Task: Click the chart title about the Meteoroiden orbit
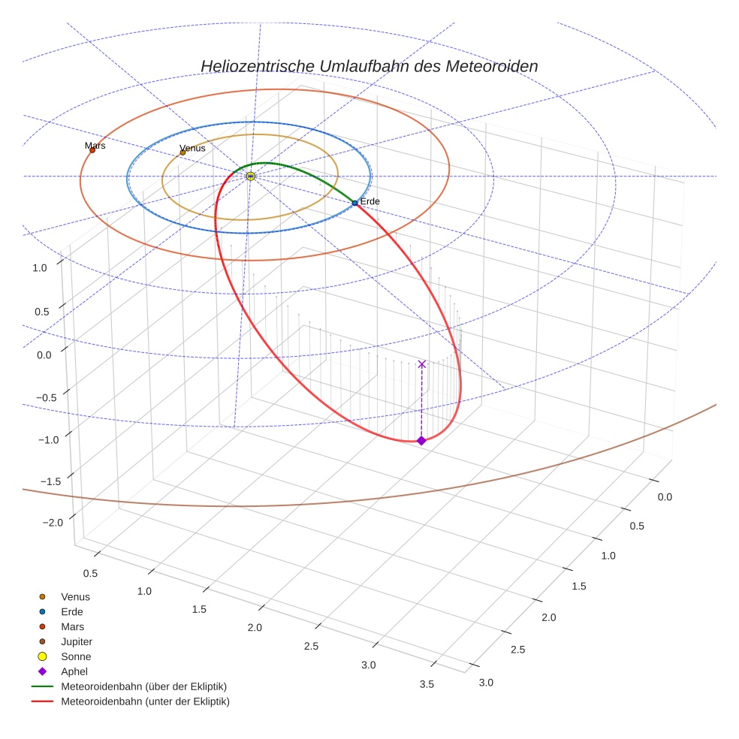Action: click(x=369, y=66)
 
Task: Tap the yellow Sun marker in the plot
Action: click(x=250, y=176)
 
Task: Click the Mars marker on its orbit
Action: click(x=92, y=150)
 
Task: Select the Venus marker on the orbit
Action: click(x=182, y=152)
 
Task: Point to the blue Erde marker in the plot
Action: click(x=354, y=203)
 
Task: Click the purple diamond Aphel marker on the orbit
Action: click(x=421, y=440)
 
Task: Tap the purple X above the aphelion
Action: click(x=421, y=363)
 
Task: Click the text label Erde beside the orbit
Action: click(x=370, y=202)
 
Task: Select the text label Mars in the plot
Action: click(x=95, y=145)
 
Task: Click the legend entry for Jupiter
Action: click(x=76, y=641)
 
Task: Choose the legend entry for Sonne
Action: click(x=76, y=656)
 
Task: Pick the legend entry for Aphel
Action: click(x=74, y=671)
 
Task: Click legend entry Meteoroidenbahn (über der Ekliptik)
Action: click(x=143, y=686)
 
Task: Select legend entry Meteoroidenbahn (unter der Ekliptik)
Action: click(x=144, y=701)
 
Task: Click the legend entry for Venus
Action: click(x=75, y=596)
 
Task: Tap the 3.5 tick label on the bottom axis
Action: click(x=427, y=683)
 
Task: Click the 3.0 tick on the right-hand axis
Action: click(x=485, y=682)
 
